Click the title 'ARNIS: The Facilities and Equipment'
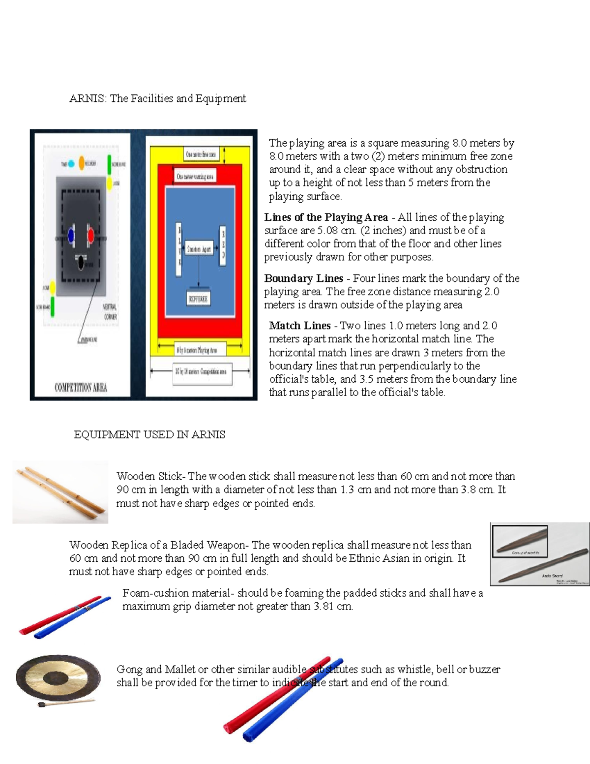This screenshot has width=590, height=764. [x=157, y=98]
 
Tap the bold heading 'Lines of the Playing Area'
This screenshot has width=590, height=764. [x=325, y=217]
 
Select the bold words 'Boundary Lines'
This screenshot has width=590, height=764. [x=303, y=278]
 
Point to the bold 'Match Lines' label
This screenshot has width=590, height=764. [x=299, y=326]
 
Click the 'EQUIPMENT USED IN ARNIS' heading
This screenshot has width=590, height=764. [x=149, y=435]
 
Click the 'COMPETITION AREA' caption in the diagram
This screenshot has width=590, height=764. [x=81, y=388]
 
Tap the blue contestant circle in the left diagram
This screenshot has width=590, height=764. [x=71, y=236]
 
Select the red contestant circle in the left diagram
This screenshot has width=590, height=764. [x=91, y=235]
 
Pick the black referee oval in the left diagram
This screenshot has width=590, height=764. [x=81, y=263]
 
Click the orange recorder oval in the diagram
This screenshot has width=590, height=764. [x=82, y=163]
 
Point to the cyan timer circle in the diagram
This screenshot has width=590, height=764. [x=71, y=164]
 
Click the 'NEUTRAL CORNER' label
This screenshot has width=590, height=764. [x=110, y=311]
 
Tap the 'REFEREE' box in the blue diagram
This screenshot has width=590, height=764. [x=198, y=299]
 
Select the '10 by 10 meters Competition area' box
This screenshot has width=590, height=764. [x=201, y=371]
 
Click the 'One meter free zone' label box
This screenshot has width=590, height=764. [x=200, y=154]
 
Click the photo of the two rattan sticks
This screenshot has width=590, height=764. [x=60, y=492]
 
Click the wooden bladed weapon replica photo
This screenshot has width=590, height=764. [x=540, y=554]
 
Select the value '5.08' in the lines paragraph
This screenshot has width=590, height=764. [x=327, y=231]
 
